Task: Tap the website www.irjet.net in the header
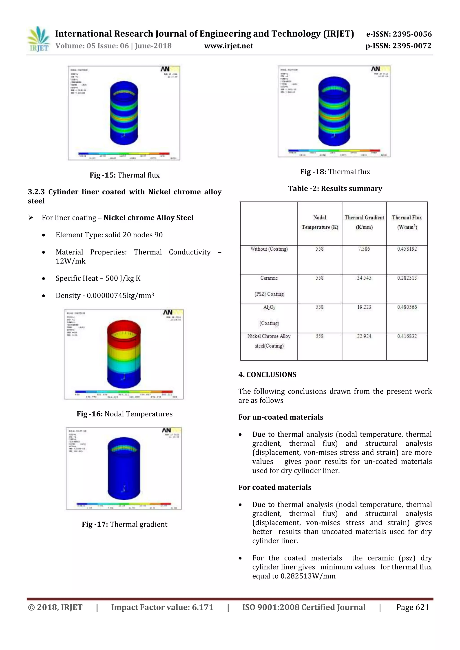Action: (228, 46)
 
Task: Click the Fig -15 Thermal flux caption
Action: (124, 175)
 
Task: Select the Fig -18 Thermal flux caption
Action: (335, 172)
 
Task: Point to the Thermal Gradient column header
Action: (364, 222)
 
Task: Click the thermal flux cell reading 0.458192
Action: (407, 249)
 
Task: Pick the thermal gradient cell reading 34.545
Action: (364, 278)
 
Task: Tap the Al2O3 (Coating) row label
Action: (269, 315)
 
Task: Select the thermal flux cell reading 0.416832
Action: (407, 336)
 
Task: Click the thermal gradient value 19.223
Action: (364, 307)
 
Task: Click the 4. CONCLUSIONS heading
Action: (267, 374)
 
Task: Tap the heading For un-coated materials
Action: (281, 417)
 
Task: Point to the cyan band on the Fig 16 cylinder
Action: (124, 367)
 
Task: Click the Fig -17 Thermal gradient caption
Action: (124, 524)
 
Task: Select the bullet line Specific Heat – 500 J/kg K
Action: (98, 278)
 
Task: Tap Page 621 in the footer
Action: (412, 607)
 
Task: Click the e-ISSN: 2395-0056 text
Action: (398, 34)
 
